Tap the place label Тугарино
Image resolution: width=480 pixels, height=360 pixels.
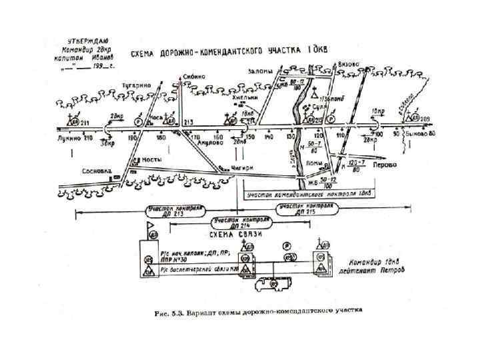coord(136,85)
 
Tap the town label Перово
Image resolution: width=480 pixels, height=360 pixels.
coord(385,164)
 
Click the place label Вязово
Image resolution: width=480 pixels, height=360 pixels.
coord(349,64)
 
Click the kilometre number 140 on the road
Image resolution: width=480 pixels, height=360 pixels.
coord(269,137)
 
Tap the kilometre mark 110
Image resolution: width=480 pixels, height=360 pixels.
coord(339,137)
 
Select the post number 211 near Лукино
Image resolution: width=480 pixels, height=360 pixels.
coord(85,123)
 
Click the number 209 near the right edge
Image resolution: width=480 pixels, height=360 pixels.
coord(425,119)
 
